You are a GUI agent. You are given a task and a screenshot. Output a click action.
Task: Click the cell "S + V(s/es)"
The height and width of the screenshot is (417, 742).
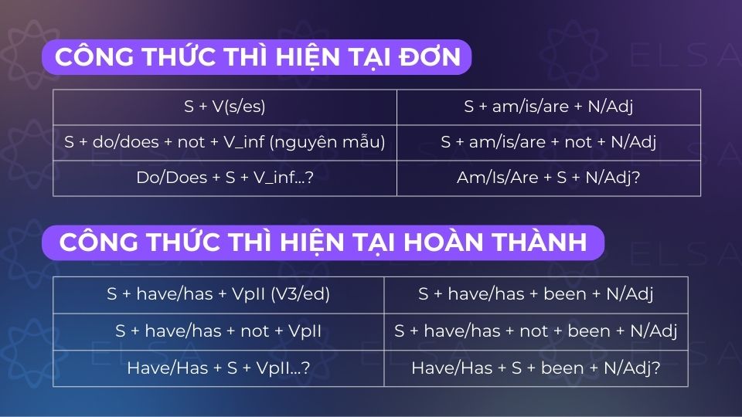click(x=224, y=107)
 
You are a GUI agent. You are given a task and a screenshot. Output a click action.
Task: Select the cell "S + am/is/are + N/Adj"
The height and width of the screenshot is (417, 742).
click(x=549, y=107)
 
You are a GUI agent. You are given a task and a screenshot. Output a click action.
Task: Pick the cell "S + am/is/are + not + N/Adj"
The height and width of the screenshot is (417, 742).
click(x=549, y=143)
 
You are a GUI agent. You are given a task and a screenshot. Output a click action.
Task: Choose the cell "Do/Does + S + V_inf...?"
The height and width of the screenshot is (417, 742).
click(x=224, y=178)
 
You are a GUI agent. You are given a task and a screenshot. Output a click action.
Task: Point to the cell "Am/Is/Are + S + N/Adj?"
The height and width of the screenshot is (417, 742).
click(x=549, y=178)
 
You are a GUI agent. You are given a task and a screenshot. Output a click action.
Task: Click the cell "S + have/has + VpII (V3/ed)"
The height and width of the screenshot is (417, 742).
click(x=219, y=294)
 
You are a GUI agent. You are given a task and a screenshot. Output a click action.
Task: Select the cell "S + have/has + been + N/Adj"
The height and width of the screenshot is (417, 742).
click(x=536, y=294)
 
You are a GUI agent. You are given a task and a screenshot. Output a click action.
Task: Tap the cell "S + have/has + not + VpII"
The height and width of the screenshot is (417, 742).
click(x=219, y=331)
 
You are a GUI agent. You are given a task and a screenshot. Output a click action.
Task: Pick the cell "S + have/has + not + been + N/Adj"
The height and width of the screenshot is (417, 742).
click(x=536, y=331)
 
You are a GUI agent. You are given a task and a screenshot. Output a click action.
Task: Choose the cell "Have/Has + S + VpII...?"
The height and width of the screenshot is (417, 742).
click(x=219, y=368)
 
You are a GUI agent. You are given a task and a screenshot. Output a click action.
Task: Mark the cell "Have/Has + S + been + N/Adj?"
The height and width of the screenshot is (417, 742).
click(x=536, y=368)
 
